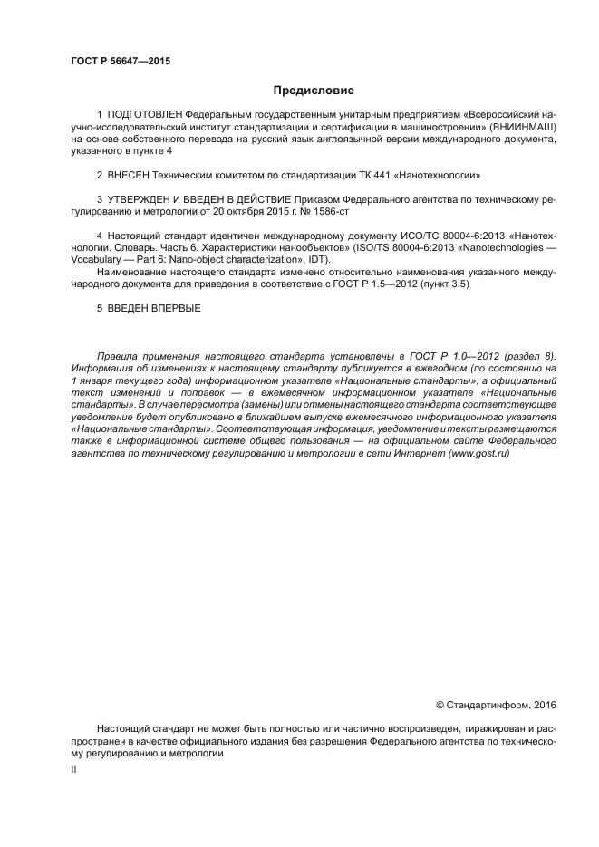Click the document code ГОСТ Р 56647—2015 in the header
(121, 62)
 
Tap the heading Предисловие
(314, 91)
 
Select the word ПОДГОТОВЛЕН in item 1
(145, 116)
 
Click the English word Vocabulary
(94, 260)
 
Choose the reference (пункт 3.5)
(442, 284)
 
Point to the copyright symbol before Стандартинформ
(440, 704)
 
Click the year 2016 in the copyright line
(542, 704)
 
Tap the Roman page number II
(73, 768)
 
